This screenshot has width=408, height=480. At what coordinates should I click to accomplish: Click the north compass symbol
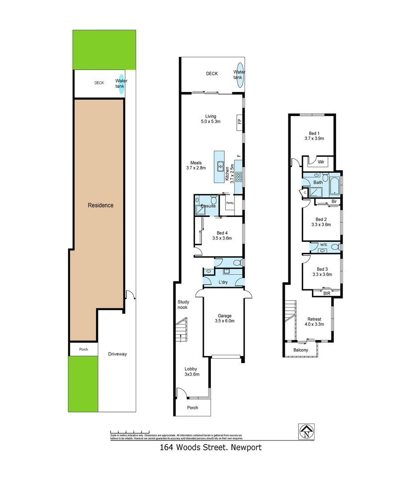click(307, 431)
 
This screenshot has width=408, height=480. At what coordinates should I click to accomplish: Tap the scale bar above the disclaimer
click(129, 432)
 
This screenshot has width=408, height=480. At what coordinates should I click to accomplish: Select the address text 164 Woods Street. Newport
click(210, 448)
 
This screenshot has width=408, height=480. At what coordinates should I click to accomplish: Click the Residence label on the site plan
click(101, 205)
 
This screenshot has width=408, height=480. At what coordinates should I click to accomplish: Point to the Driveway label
click(117, 354)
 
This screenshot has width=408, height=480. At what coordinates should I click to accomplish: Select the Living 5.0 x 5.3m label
click(210, 119)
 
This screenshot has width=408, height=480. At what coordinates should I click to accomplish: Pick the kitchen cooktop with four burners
click(238, 176)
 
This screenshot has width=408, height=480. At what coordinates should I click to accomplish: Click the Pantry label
click(230, 203)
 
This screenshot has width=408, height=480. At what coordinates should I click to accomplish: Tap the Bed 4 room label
click(222, 236)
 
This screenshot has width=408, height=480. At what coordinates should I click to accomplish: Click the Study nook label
click(182, 304)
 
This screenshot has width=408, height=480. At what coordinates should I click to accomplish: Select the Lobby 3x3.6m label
click(192, 372)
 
